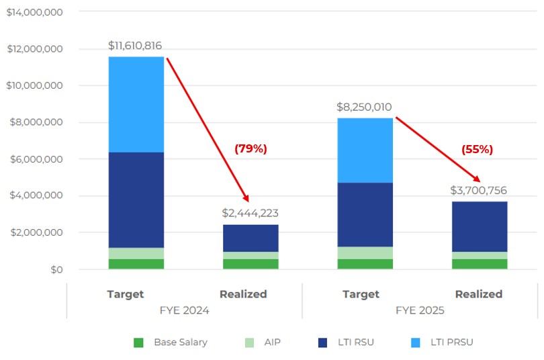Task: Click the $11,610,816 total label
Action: tap(135, 46)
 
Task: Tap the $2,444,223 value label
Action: tap(250, 213)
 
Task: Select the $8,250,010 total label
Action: tap(365, 107)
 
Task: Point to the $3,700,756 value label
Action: tap(479, 190)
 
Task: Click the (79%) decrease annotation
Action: tap(251, 149)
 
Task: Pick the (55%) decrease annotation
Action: tap(477, 150)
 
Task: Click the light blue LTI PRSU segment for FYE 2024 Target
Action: tap(136, 104)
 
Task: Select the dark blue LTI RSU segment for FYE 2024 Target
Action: tap(136, 200)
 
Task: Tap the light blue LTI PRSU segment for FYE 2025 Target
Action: tap(365, 150)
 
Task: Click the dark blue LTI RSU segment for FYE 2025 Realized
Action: tap(480, 226)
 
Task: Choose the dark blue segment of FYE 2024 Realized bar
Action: tap(251, 238)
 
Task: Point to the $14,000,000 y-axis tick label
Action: tap(34, 12)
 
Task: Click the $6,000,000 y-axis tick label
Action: tap(34, 159)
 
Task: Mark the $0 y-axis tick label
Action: tap(53, 269)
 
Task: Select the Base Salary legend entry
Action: tap(171, 342)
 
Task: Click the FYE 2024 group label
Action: tap(184, 310)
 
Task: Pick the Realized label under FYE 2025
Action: tap(478, 294)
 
